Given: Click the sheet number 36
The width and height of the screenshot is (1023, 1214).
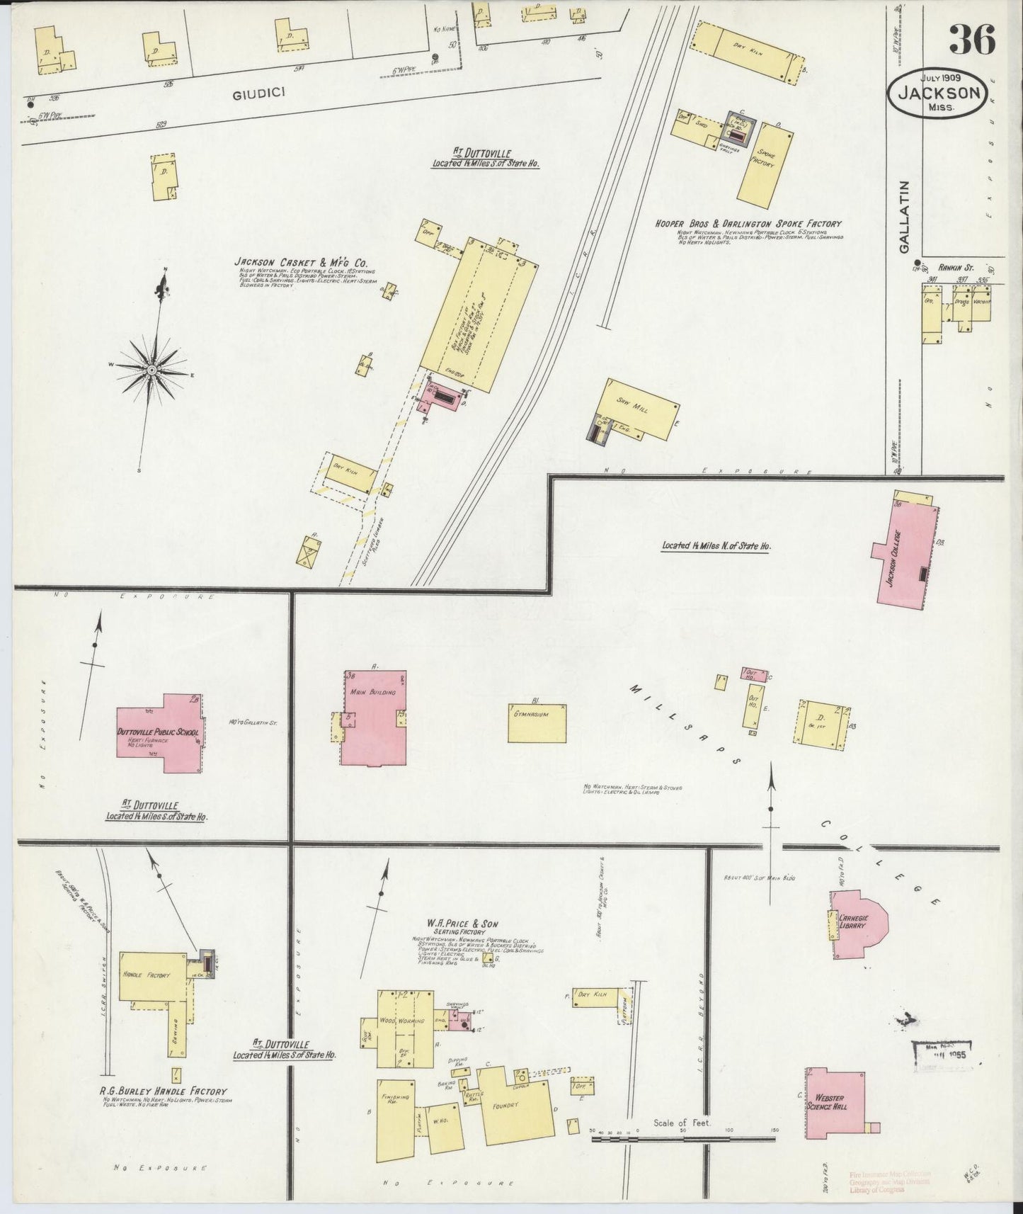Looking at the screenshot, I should [x=971, y=40].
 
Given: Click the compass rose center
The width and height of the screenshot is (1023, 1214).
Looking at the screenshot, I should [x=151, y=370].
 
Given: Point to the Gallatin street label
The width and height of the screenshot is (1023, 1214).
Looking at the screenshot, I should [x=904, y=215].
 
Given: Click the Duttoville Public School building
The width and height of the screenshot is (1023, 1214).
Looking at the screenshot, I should [x=161, y=734].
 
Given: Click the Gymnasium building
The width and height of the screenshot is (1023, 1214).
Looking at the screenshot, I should [x=537, y=722].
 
